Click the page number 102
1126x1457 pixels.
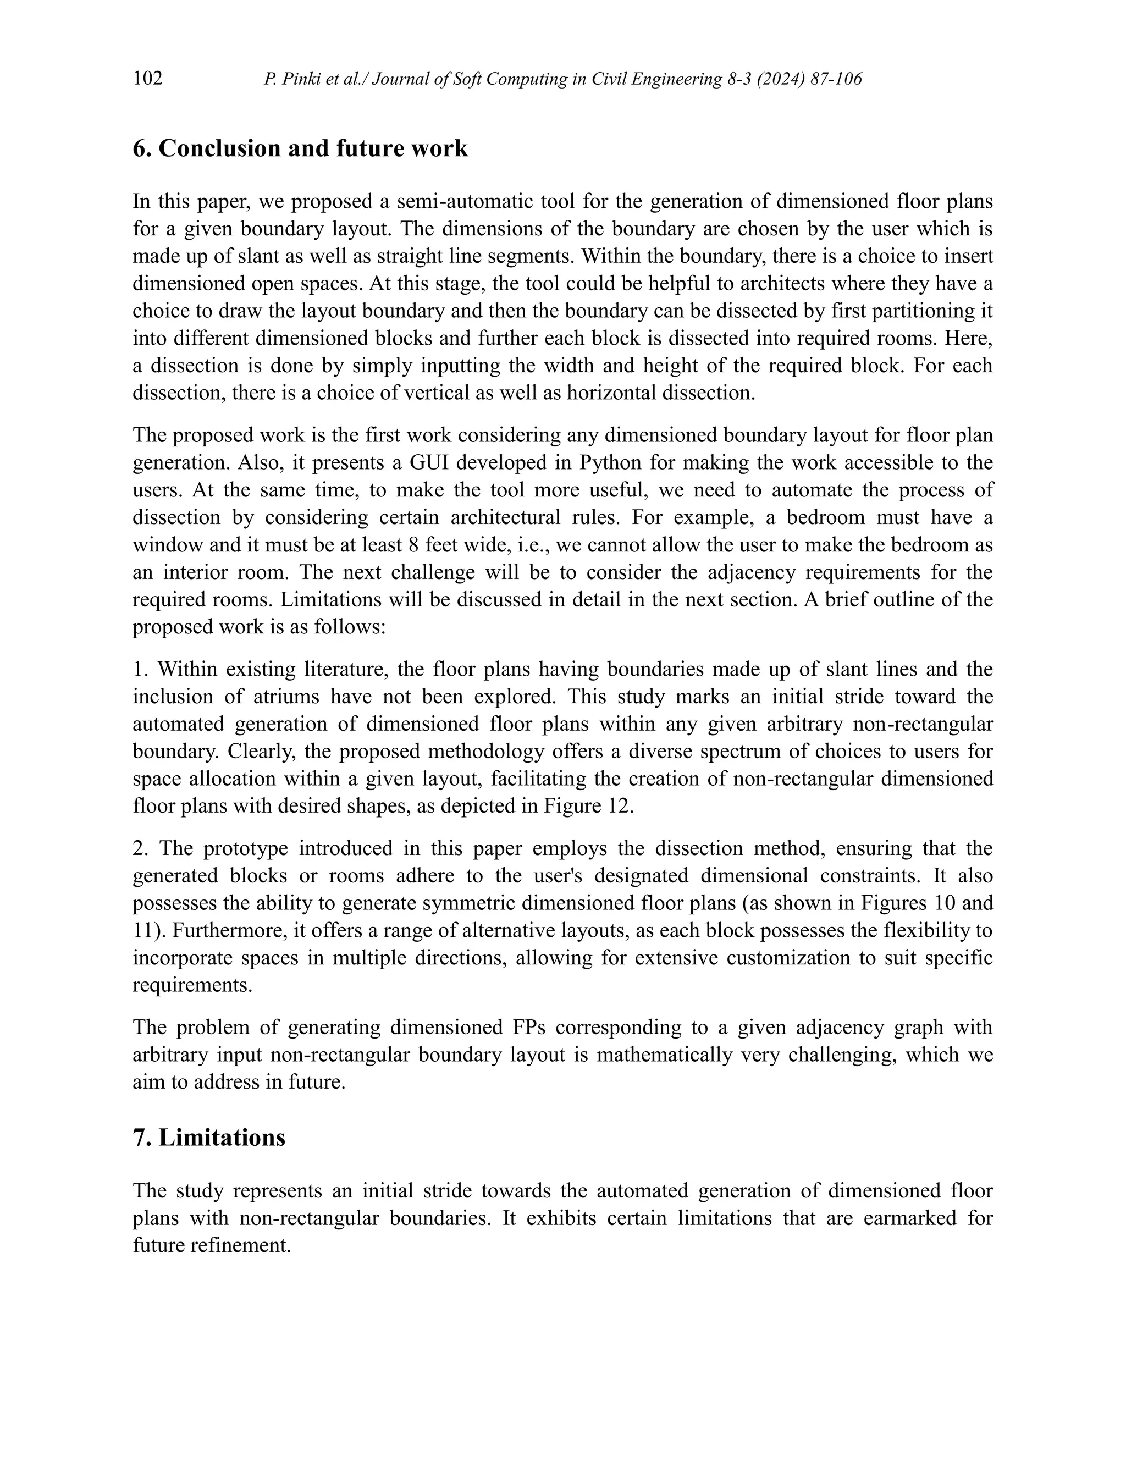pyautogui.click(x=147, y=79)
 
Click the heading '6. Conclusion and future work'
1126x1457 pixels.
pyautogui.click(x=300, y=148)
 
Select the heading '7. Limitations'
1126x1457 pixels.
pyautogui.click(x=209, y=1138)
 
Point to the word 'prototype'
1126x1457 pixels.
pyautogui.click(x=245, y=848)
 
